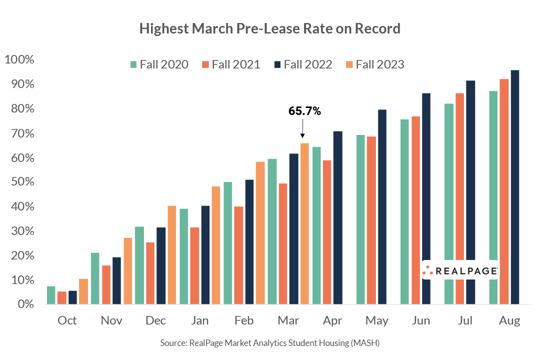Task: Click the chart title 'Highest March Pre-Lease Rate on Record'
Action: (x=270, y=28)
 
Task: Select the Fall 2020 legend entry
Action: (x=159, y=64)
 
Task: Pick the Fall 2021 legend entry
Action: (x=230, y=64)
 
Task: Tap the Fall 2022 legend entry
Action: (x=302, y=64)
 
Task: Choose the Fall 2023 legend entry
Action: (x=374, y=64)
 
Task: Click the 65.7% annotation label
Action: (x=304, y=111)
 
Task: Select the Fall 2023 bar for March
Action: (x=304, y=223)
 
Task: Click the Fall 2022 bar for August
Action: (x=514, y=187)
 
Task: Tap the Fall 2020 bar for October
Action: (x=51, y=295)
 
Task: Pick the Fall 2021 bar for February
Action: (x=238, y=255)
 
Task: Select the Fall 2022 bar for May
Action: (x=382, y=206)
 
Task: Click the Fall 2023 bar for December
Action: (x=171, y=254)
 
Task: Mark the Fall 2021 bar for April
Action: (x=327, y=232)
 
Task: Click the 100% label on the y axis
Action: (x=19, y=60)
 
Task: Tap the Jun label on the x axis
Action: (x=421, y=320)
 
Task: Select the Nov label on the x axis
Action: (x=111, y=320)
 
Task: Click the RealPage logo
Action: (x=460, y=270)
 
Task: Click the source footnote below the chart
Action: (x=270, y=343)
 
